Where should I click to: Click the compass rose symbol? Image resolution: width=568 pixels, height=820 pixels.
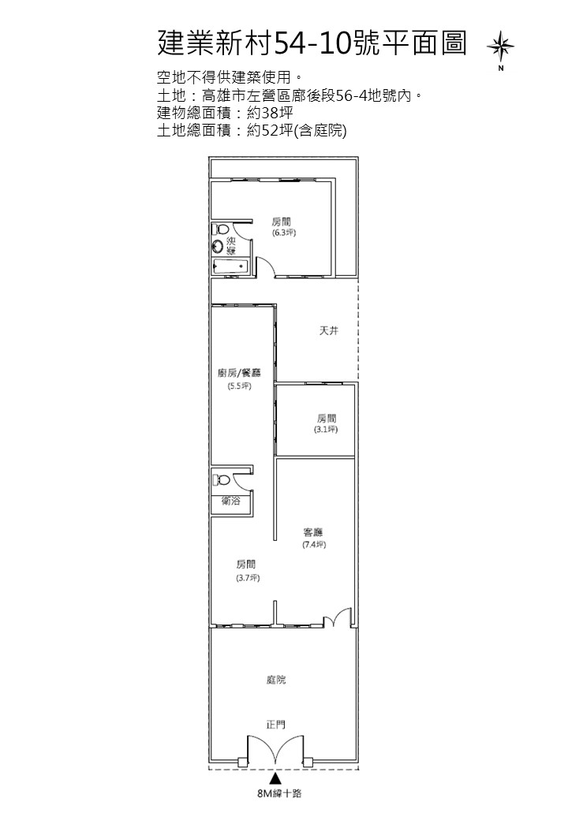500,46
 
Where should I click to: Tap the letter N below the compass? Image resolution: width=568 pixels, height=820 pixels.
501,68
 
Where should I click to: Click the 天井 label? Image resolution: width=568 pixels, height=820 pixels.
329,330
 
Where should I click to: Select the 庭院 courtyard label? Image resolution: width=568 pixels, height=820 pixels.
276,680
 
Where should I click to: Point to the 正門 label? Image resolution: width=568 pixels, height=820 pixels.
276,725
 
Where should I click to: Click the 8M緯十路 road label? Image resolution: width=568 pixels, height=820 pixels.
280,793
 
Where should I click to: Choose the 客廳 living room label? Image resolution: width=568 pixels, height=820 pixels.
313,532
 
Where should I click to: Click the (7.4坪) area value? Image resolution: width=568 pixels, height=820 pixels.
314,544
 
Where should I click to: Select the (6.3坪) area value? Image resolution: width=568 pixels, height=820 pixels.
284,233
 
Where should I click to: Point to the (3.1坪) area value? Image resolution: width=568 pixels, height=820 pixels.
326,430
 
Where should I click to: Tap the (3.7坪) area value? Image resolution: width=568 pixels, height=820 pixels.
248,578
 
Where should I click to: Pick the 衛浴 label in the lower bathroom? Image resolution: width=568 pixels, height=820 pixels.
231,501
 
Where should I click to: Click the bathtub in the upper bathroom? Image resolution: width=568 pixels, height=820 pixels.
230,266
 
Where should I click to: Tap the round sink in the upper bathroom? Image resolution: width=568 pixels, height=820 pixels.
218,246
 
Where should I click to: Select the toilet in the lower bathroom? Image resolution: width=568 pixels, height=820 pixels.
221,479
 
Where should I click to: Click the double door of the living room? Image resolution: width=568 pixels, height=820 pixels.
338,617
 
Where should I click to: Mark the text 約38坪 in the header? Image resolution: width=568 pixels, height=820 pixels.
270,113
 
